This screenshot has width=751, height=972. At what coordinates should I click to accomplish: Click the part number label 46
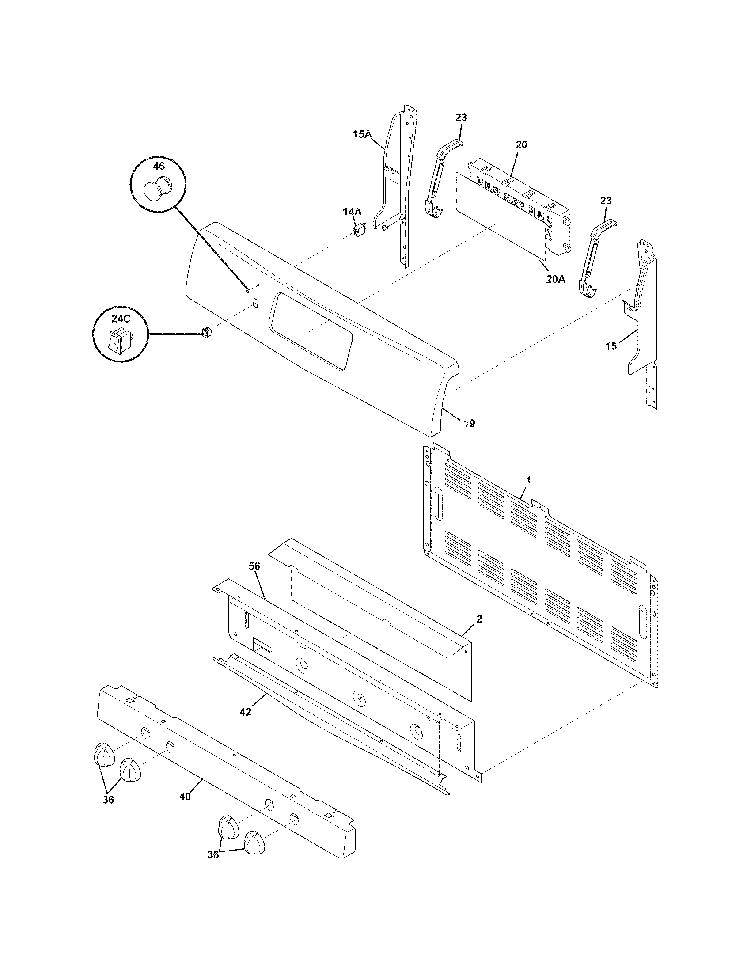(x=159, y=166)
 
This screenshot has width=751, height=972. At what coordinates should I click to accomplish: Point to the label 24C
(x=120, y=319)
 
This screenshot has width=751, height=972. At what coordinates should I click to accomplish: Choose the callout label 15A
(x=362, y=133)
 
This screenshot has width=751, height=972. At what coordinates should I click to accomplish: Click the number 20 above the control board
(x=521, y=144)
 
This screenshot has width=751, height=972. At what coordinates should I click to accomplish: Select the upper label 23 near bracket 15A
(x=461, y=118)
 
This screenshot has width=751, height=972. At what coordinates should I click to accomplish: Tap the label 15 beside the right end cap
(x=611, y=346)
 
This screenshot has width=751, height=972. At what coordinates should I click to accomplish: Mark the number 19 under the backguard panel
(x=469, y=423)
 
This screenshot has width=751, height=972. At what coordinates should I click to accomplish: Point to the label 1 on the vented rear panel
(x=528, y=480)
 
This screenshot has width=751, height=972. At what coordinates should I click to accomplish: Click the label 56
(x=254, y=566)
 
